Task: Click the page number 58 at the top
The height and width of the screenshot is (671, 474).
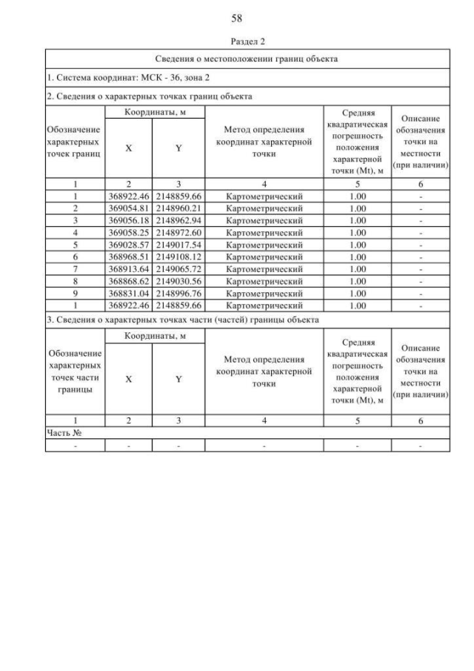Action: point(237,17)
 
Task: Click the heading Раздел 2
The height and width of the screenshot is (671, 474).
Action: point(237,42)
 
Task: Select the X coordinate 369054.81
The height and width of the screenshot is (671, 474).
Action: point(128,208)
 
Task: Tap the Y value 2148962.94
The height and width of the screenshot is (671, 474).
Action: point(178,220)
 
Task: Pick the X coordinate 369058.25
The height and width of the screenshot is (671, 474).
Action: point(128,232)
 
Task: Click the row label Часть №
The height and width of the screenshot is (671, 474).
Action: point(63,433)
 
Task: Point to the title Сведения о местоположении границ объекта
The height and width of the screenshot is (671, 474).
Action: point(247,59)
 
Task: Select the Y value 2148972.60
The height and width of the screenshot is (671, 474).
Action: point(178,232)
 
